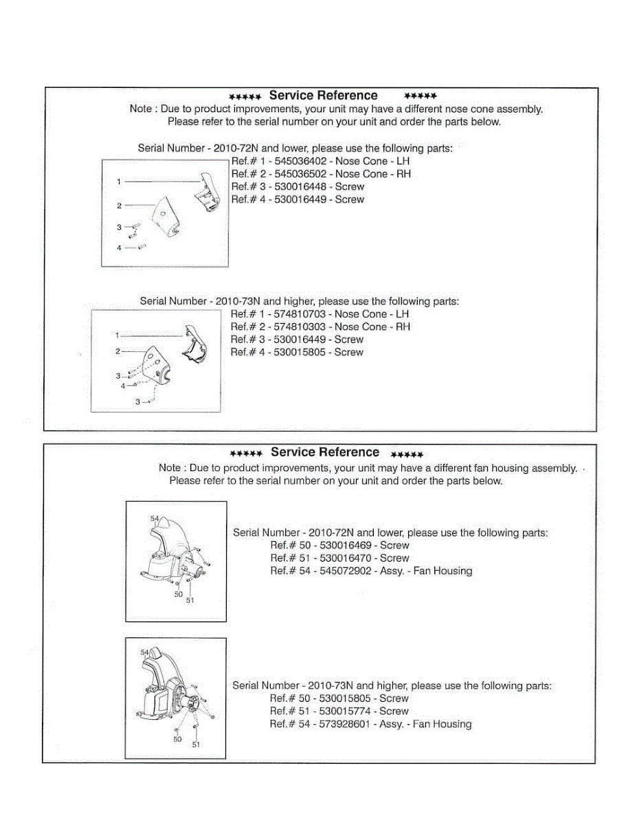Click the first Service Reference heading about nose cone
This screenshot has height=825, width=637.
click(x=323, y=96)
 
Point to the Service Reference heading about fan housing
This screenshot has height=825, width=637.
click(x=324, y=452)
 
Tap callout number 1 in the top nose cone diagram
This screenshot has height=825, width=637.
click(x=119, y=181)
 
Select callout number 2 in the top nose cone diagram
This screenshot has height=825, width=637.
click(x=119, y=206)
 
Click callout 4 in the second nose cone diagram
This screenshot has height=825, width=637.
click(x=122, y=386)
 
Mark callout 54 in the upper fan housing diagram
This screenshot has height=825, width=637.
click(x=155, y=518)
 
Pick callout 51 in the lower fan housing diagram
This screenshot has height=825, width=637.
click(x=196, y=744)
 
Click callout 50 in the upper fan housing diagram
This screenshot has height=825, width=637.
click(x=178, y=594)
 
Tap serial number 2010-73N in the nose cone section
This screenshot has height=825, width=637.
click(x=238, y=301)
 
